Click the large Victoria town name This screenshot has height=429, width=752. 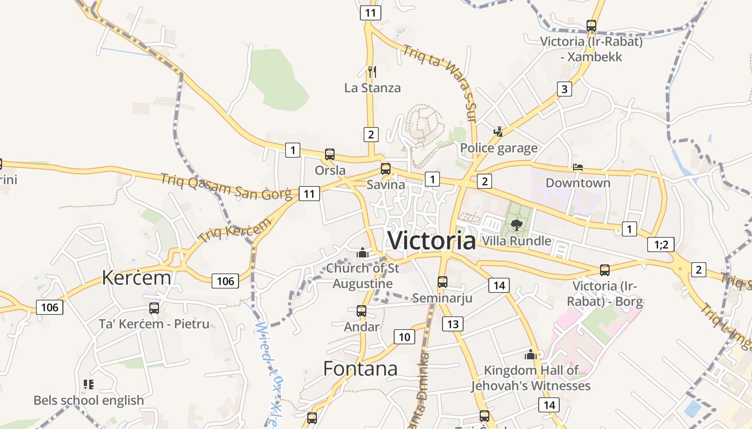[x=431, y=240]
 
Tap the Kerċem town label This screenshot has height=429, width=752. [x=136, y=278]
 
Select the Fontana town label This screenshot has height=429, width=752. [x=360, y=368]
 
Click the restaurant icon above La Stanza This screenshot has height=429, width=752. [x=372, y=71]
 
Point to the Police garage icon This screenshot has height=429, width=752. [x=498, y=131]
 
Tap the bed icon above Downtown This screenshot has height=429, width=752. [x=578, y=167]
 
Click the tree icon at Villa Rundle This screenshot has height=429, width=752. [x=516, y=225]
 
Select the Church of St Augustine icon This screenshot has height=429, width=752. [x=363, y=252]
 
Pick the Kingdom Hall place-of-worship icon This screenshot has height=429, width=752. [x=531, y=354]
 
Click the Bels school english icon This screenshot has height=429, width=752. [x=89, y=384]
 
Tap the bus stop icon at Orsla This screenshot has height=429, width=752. [x=330, y=154]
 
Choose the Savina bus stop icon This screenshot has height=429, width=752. [x=386, y=169]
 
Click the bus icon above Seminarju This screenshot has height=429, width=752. [x=443, y=282]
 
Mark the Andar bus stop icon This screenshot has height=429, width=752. [x=361, y=311]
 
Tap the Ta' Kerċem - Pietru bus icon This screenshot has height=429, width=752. [x=154, y=308]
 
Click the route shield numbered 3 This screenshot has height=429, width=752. [x=564, y=89]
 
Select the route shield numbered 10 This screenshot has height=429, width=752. [x=404, y=337]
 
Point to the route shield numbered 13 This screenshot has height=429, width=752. [x=453, y=324]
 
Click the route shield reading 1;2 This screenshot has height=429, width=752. [x=661, y=245]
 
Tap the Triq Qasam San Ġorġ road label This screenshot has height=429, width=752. [x=226, y=187]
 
